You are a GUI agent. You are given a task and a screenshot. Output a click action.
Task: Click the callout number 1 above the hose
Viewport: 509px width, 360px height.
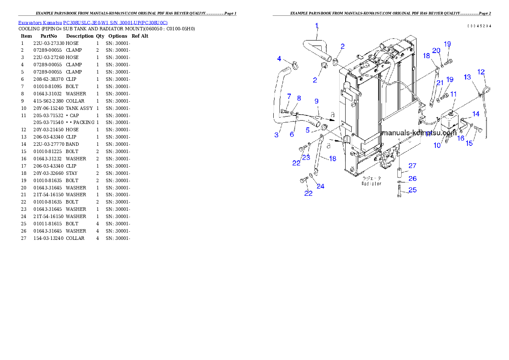(317, 26)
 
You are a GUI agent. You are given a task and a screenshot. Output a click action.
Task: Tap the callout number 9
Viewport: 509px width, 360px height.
(317, 101)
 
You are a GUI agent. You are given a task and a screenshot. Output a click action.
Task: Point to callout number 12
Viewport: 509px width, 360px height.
(481, 72)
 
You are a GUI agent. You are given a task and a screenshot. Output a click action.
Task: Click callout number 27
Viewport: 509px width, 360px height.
(412, 166)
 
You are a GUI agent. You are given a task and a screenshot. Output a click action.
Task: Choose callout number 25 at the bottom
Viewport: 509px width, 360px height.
(412, 190)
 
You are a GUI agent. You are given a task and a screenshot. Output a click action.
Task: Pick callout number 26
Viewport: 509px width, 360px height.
(412, 179)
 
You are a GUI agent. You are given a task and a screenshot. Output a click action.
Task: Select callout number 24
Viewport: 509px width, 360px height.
(320, 186)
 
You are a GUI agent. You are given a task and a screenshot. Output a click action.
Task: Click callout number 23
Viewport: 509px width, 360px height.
(306, 157)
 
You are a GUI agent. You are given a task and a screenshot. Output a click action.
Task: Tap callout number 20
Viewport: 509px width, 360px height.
(436, 50)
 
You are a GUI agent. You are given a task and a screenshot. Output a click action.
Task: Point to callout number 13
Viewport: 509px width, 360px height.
(467, 77)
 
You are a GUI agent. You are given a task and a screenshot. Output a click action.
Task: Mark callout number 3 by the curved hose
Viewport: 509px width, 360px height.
(277, 135)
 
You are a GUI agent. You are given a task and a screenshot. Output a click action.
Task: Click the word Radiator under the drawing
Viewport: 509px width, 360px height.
(371, 183)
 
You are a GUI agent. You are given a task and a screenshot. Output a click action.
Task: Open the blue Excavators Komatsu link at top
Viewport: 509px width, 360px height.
(93, 22)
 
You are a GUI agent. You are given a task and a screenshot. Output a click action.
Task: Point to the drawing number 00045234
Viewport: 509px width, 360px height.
(479, 26)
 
